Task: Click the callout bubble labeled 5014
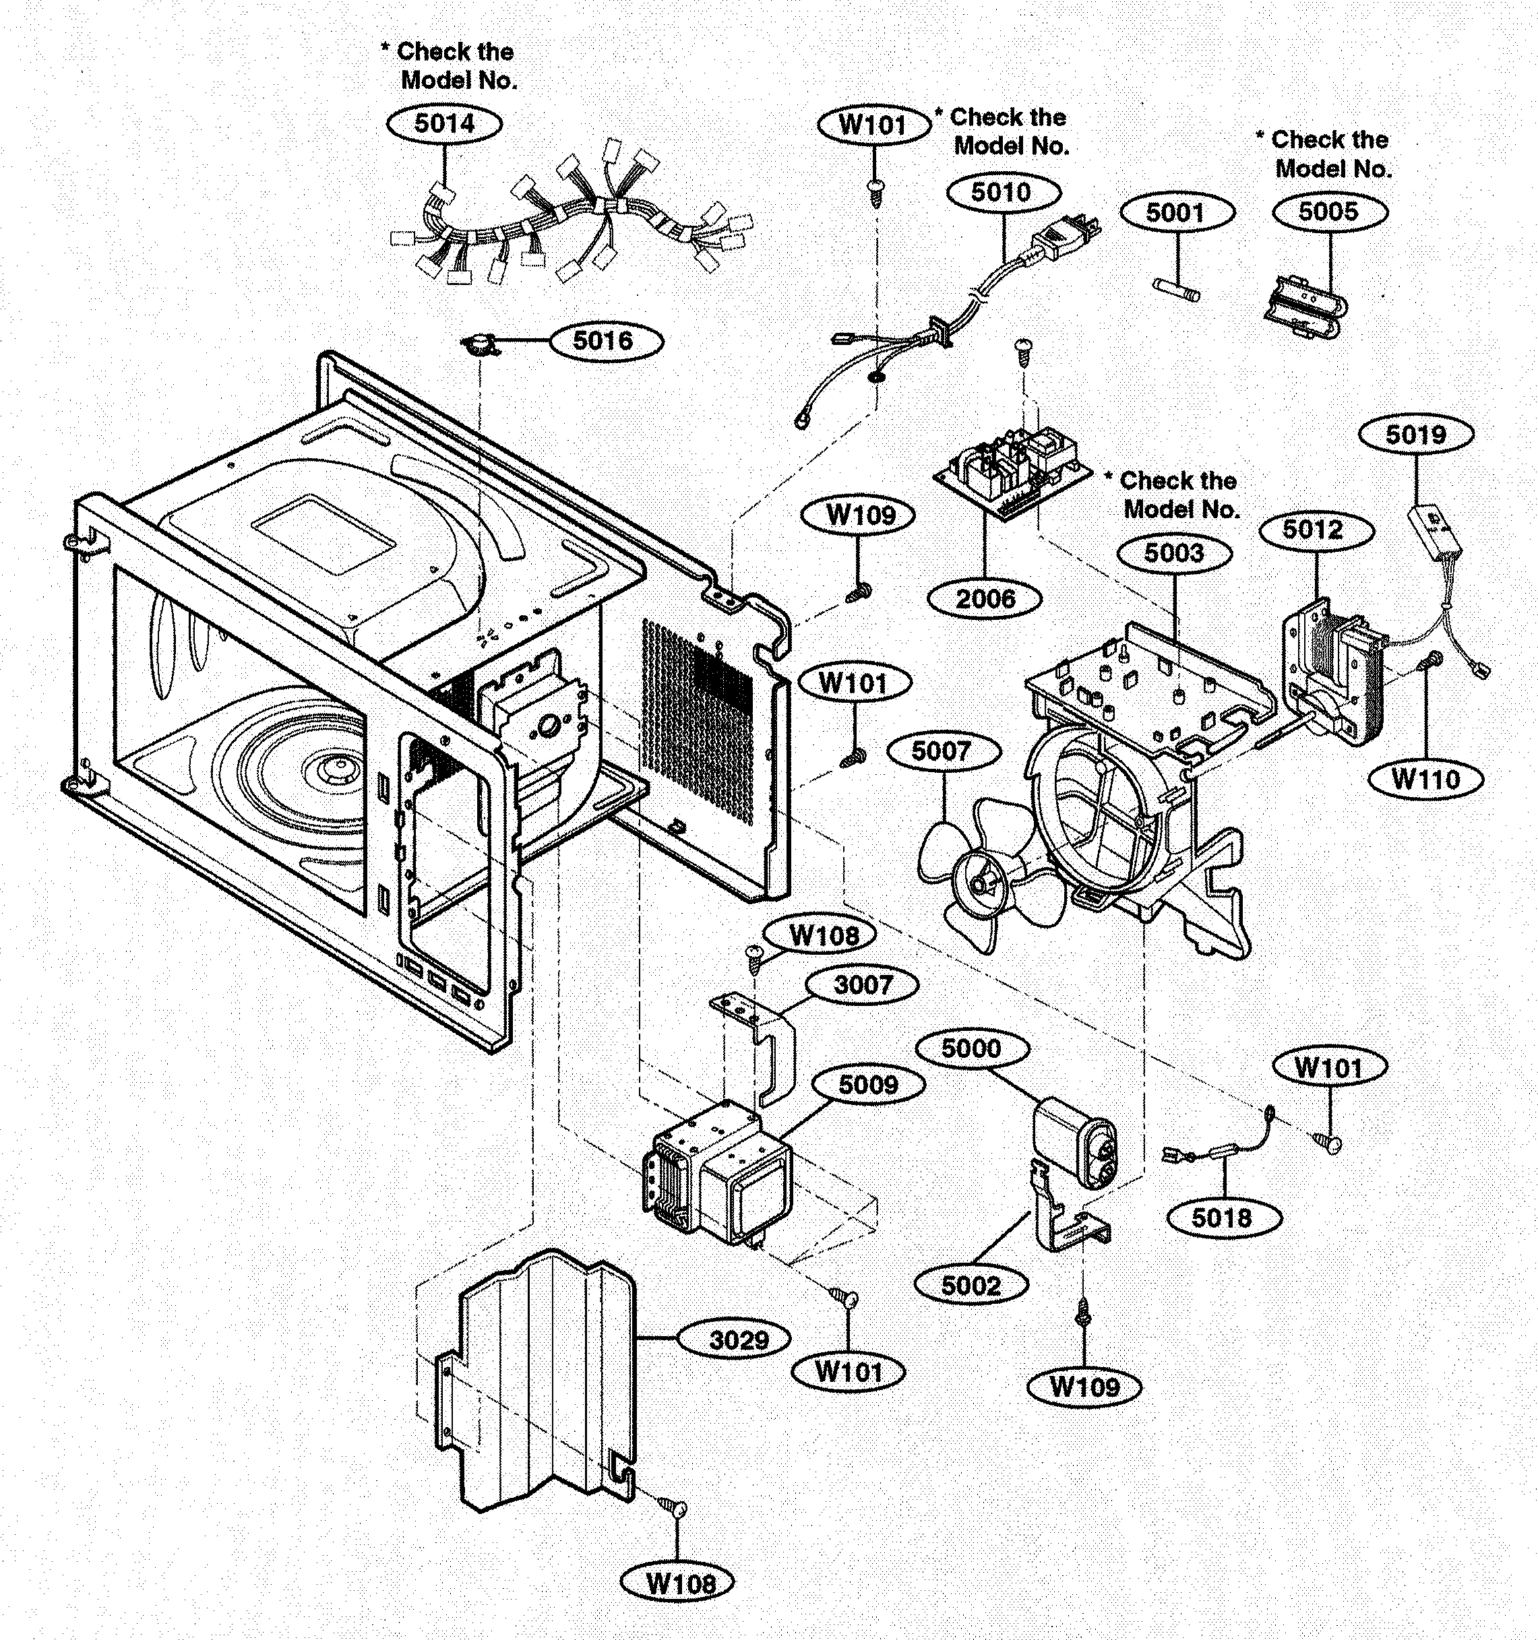[x=444, y=124]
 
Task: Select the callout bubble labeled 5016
[x=605, y=341]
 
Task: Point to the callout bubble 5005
[x=1329, y=212]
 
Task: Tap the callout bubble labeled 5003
[x=1173, y=554]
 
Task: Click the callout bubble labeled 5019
[x=1415, y=435]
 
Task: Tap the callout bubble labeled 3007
[x=862, y=985]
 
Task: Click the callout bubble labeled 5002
[x=971, y=1286]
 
